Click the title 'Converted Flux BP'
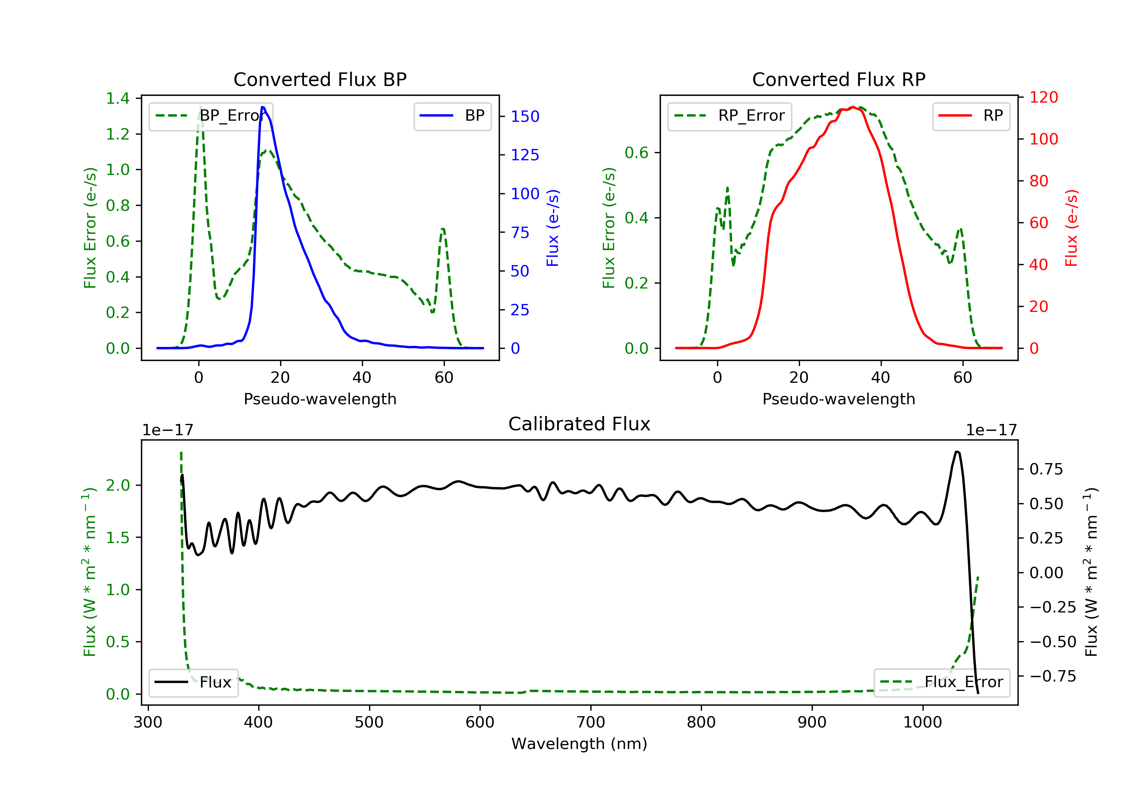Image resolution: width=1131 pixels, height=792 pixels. pos(320,79)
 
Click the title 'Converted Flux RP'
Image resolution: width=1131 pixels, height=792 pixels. pos(838,79)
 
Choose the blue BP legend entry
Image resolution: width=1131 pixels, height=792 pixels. pos(452,116)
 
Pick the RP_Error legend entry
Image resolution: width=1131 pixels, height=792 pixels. pos(729,116)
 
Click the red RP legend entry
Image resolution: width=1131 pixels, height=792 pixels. pos(971,116)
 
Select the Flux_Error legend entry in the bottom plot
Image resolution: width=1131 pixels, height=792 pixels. pos(941,682)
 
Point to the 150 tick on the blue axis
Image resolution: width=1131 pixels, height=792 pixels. pos(525,116)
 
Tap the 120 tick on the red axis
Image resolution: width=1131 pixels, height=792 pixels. pos(1043,97)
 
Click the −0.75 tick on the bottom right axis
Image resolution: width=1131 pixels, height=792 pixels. pos(1052,676)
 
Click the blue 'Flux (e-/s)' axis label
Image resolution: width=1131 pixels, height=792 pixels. pos(553,228)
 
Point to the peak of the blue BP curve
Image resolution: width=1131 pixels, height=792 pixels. pos(263,107)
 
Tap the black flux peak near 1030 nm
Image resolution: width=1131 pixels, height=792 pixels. pos(956,451)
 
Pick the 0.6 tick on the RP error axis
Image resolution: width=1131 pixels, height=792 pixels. pos(636,153)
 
